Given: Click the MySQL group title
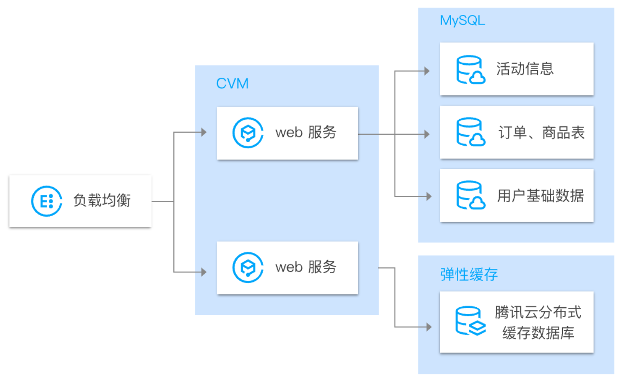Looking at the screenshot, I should [462, 20].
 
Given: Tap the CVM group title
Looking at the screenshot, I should [232, 83].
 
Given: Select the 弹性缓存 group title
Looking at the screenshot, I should [469, 274].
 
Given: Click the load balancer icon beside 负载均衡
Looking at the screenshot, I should [46, 201].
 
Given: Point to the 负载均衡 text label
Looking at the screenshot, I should [102, 200].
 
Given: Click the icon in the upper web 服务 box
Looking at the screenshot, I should [248, 133].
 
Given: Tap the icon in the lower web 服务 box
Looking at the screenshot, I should [248, 267].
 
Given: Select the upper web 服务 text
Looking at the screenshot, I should [306, 132].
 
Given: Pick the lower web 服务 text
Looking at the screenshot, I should [306, 267].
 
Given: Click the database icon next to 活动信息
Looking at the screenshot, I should [470, 70].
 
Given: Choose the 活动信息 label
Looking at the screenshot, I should [525, 69].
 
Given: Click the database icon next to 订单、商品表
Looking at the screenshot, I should [470, 132].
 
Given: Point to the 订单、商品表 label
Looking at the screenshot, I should [541, 133].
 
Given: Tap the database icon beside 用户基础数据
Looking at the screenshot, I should [470, 195].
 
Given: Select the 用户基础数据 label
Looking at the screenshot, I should [540, 195].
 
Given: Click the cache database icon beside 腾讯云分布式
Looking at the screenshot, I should [470, 321].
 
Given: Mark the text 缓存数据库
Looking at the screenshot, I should [538, 333].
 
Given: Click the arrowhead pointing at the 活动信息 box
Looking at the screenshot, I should [427, 71].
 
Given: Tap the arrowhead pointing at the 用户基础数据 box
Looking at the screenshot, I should [429, 196].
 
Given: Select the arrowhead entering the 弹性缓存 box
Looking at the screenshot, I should [429, 327].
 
